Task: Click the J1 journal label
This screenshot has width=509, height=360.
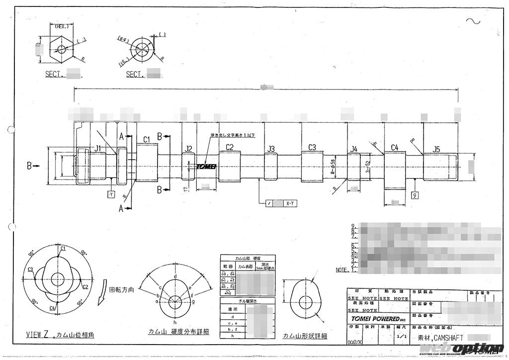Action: (98, 148)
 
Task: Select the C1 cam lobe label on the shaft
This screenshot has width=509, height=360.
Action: (147, 139)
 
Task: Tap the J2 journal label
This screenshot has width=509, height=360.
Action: (188, 149)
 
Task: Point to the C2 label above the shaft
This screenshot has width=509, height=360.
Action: (229, 147)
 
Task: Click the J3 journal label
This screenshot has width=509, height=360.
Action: (271, 149)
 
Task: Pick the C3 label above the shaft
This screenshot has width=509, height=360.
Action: (312, 147)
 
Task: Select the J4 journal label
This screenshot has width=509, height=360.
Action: (354, 149)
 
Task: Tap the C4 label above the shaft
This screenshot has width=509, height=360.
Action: (395, 147)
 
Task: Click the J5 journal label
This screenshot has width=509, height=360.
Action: (436, 149)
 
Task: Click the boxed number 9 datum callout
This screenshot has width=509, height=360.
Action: (415, 196)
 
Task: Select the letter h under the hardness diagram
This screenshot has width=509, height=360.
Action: (176, 321)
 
